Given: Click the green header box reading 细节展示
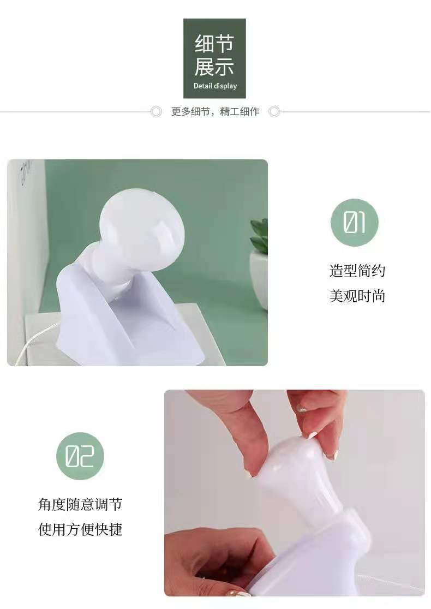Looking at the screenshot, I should pyautogui.click(x=214, y=58).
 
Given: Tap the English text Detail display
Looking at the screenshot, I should pyautogui.click(x=215, y=86).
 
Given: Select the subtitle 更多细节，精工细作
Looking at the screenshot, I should pyautogui.click(x=215, y=112).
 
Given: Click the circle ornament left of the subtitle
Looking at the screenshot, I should pyautogui.click(x=156, y=112).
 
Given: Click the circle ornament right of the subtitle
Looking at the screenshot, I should pyautogui.click(x=274, y=112).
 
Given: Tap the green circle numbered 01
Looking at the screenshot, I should pyautogui.click(x=354, y=223).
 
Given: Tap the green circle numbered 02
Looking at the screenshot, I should pyautogui.click(x=80, y=456).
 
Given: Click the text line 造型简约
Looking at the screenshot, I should pyautogui.click(x=357, y=271).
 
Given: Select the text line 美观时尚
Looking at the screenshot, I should pyautogui.click(x=357, y=296).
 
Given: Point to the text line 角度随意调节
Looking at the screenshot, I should pyautogui.click(x=80, y=504).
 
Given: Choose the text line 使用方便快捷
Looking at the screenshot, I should pyautogui.click(x=80, y=529).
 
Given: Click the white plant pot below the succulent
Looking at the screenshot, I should pyautogui.click(x=259, y=278).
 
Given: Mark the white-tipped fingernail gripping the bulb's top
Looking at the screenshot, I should pyautogui.click(x=312, y=435).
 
